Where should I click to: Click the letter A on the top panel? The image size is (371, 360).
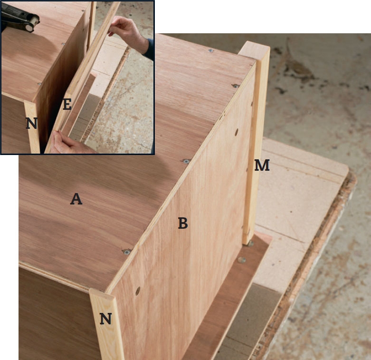[76, 199]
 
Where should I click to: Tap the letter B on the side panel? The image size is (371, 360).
[183, 223]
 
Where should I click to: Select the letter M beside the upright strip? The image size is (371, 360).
[262, 165]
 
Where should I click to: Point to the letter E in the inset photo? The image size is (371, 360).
[67, 105]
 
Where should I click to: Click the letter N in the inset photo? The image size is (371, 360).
[31, 123]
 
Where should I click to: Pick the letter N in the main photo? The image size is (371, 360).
[105, 319]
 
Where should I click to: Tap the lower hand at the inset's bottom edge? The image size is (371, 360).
[68, 143]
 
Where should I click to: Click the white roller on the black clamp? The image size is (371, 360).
[32, 23]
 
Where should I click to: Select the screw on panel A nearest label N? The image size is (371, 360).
[127, 252]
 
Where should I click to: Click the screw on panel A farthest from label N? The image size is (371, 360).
[210, 50]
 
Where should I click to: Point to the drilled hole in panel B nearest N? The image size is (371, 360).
[138, 291]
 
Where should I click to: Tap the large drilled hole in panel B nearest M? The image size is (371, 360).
[237, 132]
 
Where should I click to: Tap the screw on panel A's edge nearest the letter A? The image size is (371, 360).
[186, 161]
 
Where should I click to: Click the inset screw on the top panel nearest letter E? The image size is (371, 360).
[39, 84]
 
